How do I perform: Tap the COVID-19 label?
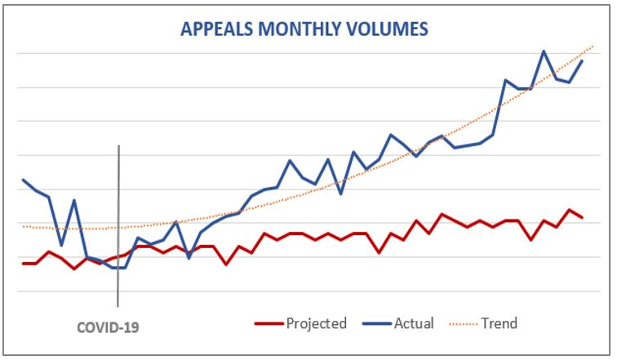point(108,327)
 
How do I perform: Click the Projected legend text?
point(316,323)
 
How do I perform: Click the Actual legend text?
point(414,323)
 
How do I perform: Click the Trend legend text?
point(499,323)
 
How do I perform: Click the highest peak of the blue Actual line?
point(544,51)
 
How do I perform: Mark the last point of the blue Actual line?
point(582,61)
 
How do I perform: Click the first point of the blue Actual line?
point(23,180)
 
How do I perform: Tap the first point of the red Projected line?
point(23,264)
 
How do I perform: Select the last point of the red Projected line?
point(582,218)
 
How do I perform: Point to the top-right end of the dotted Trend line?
point(593,46)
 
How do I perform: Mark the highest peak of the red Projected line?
point(570,210)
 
